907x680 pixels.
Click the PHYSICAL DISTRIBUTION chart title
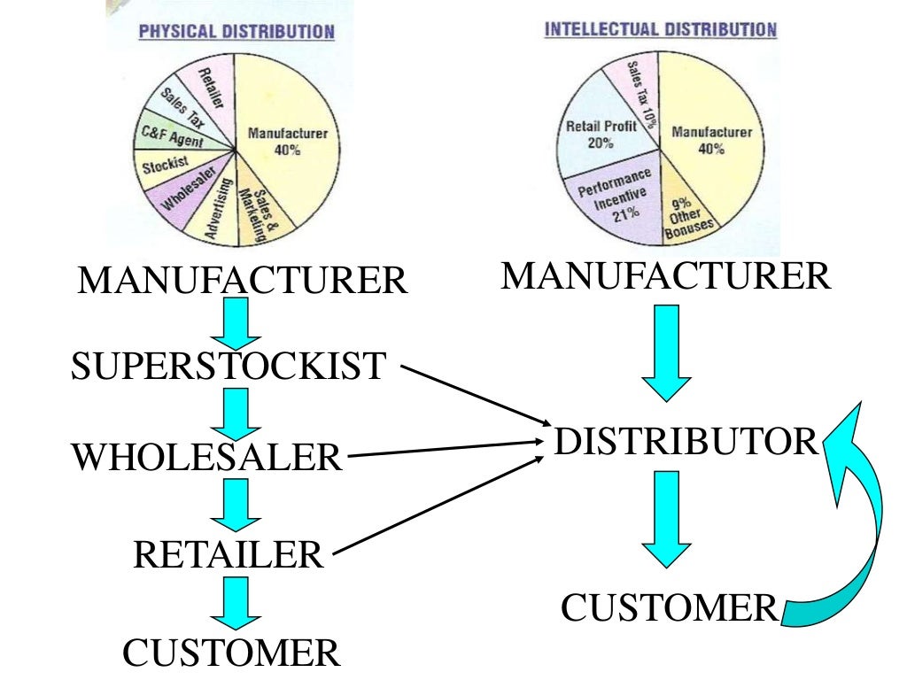(x=236, y=32)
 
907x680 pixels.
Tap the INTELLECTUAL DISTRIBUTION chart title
(x=660, y=28)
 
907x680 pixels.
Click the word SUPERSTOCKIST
(x=229, y=366)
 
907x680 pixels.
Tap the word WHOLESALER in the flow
(x=206, y=458)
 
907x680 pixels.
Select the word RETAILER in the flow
(x=229, y=555)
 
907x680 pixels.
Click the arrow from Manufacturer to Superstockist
(x=236, y=322)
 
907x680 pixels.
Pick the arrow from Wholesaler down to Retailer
(x=236, y=505)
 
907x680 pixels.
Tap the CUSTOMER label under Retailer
(x=230, y=653)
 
